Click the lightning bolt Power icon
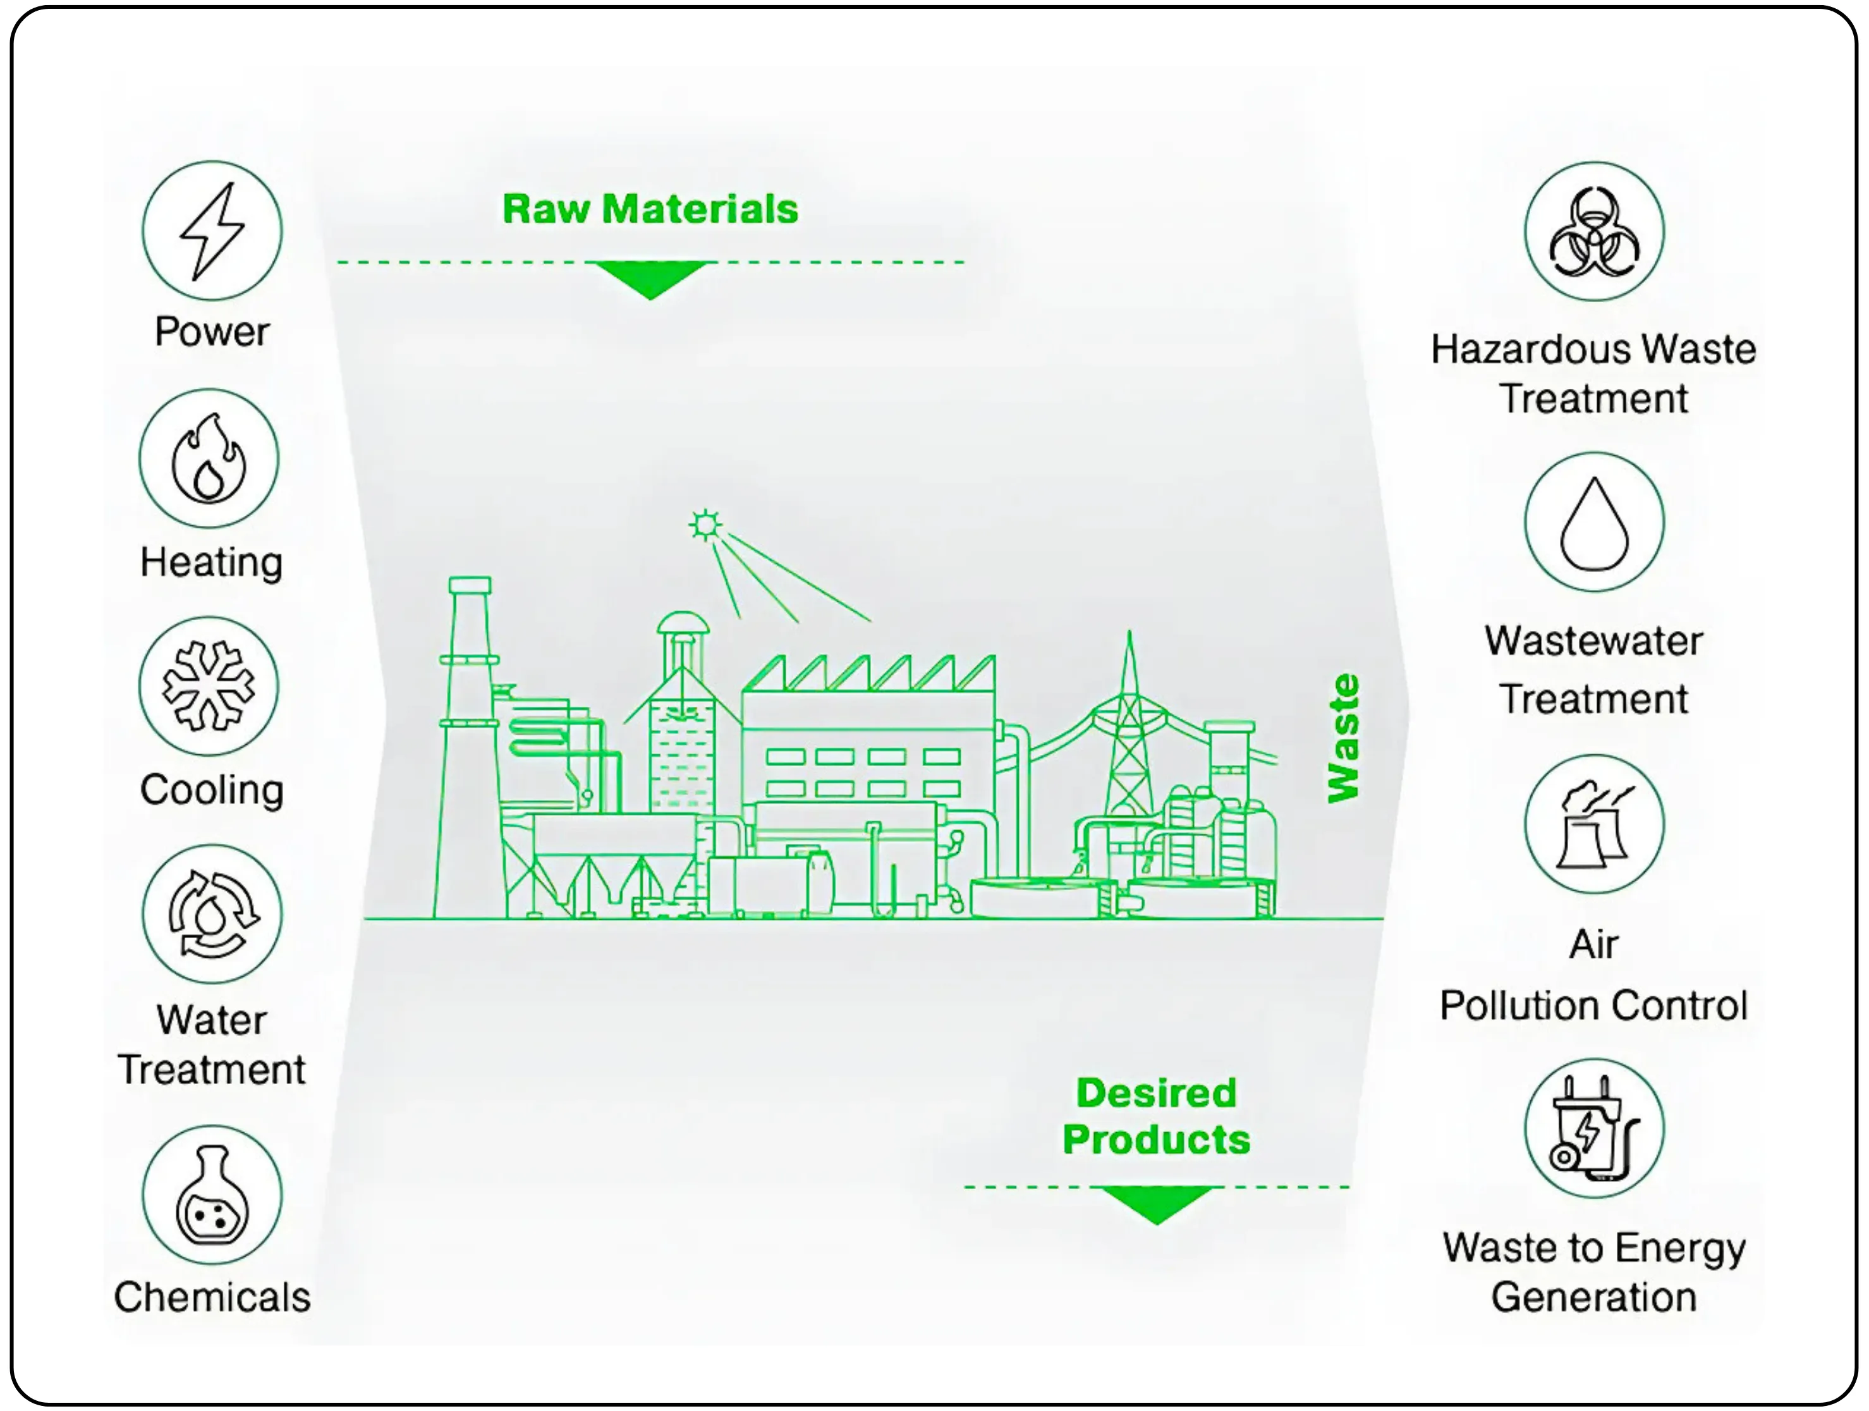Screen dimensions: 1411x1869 pos(211,231)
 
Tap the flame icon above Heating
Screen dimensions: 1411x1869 pos(209,459)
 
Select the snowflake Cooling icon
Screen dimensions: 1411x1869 pos(209,686)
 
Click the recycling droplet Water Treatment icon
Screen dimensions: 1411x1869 pos(211,914)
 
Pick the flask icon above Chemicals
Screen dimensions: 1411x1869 pos(211,1195)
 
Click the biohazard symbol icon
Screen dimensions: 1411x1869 pos(1593,231)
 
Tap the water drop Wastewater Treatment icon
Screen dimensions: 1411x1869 pos(1593,522)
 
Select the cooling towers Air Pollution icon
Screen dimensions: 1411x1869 pos(1593,824)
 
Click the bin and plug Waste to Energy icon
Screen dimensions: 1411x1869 pos(1593,1128)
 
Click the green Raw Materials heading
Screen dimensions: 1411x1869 pos(650,209)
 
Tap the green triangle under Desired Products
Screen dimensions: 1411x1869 pos(1155,1203)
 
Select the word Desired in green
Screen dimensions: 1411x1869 pos(1155,1092)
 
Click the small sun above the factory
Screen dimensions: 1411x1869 pos(705,525)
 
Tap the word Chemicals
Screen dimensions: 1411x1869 pos(211,1297)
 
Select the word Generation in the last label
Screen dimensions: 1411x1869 pos(1593,1297)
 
